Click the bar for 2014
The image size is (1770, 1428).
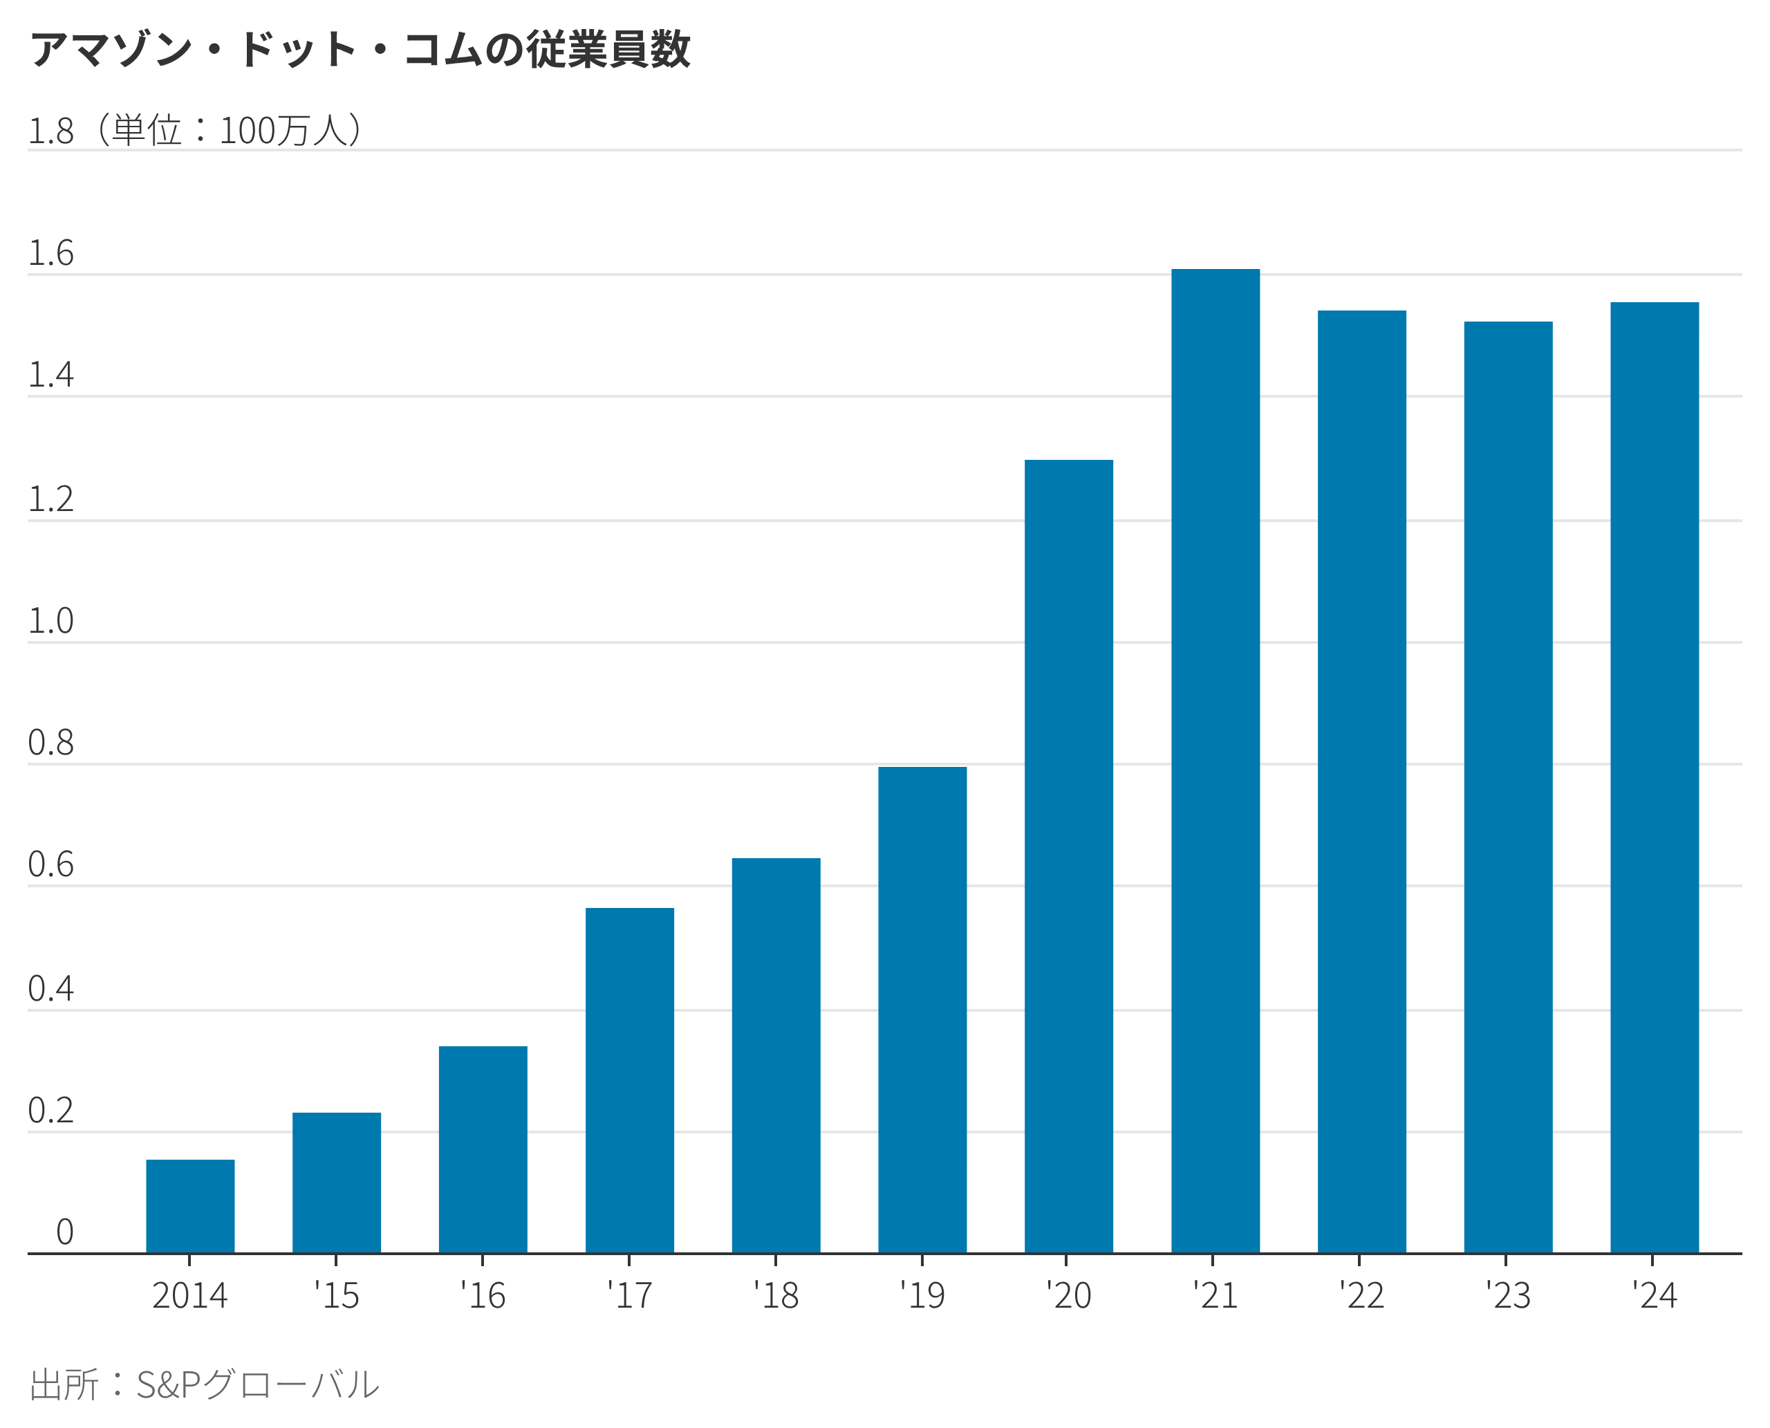[x=190, y=1207]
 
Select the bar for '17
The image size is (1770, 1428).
[x=629, y=1081]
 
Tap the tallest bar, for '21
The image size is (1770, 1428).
[x=1215, y=761]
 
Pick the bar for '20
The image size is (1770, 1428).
[x=1068, y=857]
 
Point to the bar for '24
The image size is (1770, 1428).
[x=1654, y=778]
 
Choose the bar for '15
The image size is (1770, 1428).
[x=337, y=1183]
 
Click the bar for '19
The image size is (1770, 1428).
[x=922, y=1010]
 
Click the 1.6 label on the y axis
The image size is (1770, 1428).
[x=51, y=253]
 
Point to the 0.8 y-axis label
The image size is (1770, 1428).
[x=51, y=743]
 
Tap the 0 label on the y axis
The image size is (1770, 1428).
[x=65, y=1232]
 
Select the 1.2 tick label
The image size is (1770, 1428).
[x=51, y=499]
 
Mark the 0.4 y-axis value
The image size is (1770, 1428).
[x=51, y=989]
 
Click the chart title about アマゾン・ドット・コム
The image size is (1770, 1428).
[x=360, y=49]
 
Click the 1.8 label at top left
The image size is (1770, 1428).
[x=51, y=131]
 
